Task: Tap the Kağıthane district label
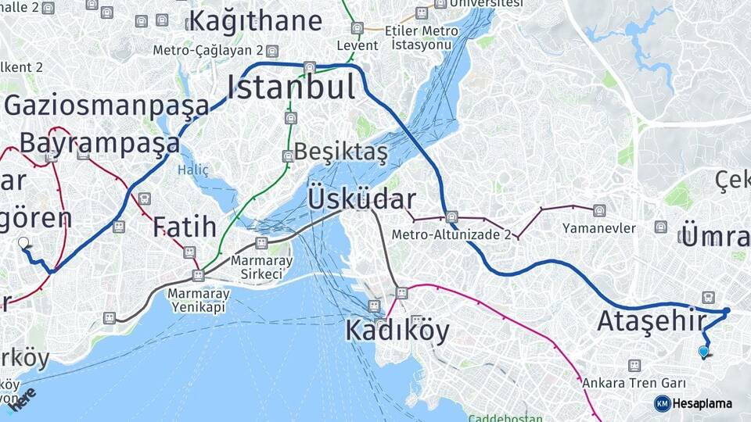pos(255,20)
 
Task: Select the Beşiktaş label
pos(340,153)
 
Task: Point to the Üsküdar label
pos(361,198)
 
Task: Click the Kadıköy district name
pos(397,331)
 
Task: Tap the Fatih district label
pos(184,227)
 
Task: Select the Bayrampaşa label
pos(99,144)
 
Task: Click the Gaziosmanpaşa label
pos(107,105)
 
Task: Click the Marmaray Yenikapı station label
pos(196,301)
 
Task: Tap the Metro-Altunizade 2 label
pos(451,234)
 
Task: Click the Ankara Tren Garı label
pos(634,384)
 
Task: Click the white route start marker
pos(23,243)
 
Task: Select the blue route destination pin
pos(703,352)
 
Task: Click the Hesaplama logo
pos(693,403)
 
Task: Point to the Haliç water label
pos(193,169)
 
